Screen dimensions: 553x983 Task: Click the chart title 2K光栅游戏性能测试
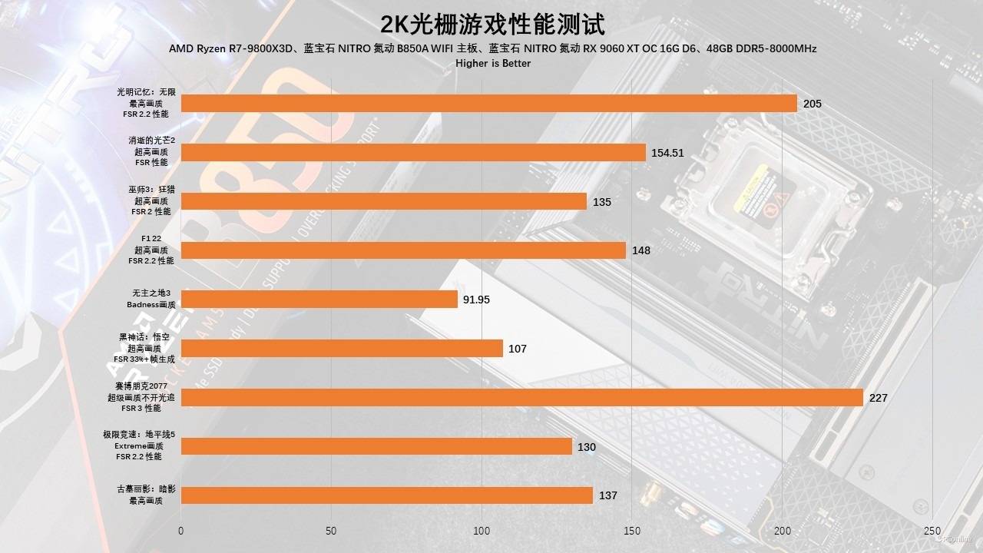point(492,24)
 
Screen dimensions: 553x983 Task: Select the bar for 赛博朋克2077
point(521,397)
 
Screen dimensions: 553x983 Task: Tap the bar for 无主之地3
point(319,300)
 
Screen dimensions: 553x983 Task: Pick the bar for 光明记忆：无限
point(488,104)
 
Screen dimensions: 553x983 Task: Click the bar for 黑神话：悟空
point(342,349)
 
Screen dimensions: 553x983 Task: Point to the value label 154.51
point(667,153)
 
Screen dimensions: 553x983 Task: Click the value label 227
point(879,398)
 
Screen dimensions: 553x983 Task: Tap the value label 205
point(813,104)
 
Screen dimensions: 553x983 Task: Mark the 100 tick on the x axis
point(482,531)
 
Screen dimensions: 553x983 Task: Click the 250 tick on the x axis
point(932,531)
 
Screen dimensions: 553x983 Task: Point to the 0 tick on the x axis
point(180,531)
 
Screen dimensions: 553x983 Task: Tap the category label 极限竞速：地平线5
point(139,435)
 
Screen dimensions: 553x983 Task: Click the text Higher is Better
point(492,63)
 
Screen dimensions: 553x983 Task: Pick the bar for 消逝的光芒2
point(412,153)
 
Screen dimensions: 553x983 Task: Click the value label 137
point(608,495)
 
